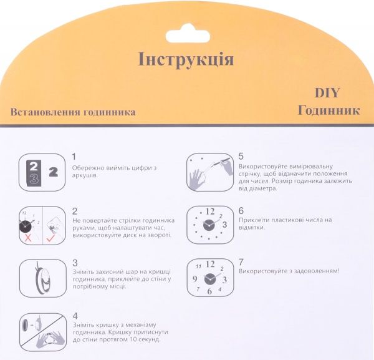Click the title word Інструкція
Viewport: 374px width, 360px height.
pos(186,59)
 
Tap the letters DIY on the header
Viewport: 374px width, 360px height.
pos(327,92)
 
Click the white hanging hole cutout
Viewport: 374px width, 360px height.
pos(188,34)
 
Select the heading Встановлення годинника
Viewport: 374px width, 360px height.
pos(73,112)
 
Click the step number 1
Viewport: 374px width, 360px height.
pos(74,157)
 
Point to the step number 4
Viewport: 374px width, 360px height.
pos(75,316)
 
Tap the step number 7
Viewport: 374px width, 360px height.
pos(241,262)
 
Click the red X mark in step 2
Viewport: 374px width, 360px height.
pos(28,238)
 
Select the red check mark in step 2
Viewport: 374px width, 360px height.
pos(50,238)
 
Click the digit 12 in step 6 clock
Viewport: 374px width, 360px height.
pos(210,212)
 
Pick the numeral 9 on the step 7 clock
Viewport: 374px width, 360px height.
pos(195,279)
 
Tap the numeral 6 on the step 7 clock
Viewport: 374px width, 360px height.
pos(209,291)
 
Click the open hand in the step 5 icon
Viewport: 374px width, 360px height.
pos(197,179)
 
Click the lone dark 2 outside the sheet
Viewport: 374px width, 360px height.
pos(54,172)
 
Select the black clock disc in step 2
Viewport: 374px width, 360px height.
pos(26,226)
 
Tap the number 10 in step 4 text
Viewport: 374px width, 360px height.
pos(134,339)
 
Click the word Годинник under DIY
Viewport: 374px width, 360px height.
pos(329,110)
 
